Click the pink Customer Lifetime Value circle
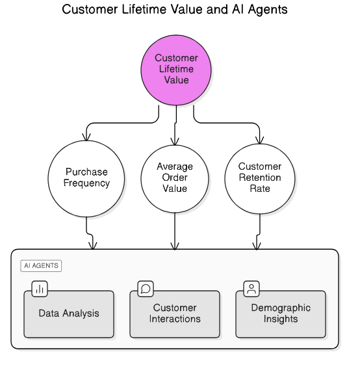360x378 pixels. tap(176, 70)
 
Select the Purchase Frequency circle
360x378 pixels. tap(86, 179)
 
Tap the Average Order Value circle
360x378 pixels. tap(175, 179)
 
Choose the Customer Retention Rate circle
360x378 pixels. tap(259, 179)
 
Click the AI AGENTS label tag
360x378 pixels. tap(41, 265)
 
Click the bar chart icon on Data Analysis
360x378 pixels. tap(40, 289)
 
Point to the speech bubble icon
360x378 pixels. tap(146, 289)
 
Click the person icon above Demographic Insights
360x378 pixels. tap(251, 289)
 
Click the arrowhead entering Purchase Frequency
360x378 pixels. tap(86, 137)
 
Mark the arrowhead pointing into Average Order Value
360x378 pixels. tap(175, 142)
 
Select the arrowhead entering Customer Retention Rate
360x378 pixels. tap(259, 141)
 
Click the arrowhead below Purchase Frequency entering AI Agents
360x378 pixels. tap(93, 246)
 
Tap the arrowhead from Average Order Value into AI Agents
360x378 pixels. tap(175, 246)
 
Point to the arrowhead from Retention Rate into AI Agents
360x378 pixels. tap(257, 246)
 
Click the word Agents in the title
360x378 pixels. tap(268, 10)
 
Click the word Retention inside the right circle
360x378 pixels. tap(260, 178)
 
